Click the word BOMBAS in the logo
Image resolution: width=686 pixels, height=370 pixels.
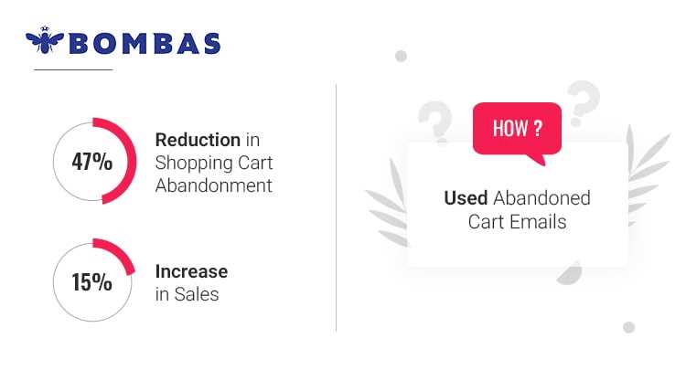click(x=145, y=43)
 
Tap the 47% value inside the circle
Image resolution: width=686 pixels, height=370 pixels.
click(x=91, y=163)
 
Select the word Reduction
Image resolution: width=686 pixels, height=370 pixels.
click(x=198, y=141)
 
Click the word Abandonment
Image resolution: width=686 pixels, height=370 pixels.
click(x=213, y=185)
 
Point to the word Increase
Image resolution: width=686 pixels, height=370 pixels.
click(x=191, y=271)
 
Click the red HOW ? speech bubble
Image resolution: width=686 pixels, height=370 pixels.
click(x=516, y=129)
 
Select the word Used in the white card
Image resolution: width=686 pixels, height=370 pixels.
click(x=466, y=198)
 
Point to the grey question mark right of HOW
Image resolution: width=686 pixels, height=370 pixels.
click(x=582, y=103)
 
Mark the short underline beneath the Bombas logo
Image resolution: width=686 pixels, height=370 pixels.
click(x=72, y=69)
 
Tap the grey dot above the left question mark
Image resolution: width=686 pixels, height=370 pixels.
click(x=401, y=57)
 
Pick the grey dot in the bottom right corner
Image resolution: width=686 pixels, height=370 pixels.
click(x=628, y=327)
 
